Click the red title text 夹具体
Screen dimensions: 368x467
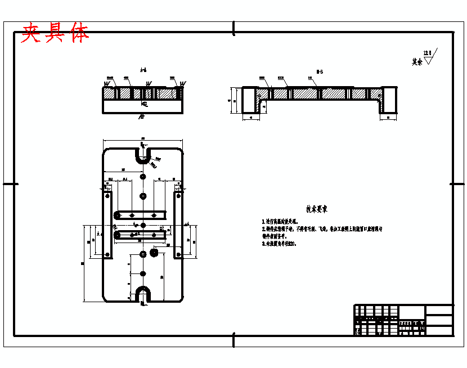pos(55,34)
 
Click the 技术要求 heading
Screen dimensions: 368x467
pos(317,209)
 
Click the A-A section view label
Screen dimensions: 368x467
pos(143,70)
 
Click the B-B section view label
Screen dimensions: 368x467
pos(319,71)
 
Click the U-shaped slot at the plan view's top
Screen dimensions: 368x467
pos(143,155)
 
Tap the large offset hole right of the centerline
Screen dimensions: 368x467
pos(152,254)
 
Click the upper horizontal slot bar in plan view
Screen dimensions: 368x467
pos(140,215)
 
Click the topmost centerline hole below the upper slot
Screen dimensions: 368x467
pos(143,177)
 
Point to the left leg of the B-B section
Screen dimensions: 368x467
pos(250,101)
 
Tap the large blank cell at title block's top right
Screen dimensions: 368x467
pos(439,311)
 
